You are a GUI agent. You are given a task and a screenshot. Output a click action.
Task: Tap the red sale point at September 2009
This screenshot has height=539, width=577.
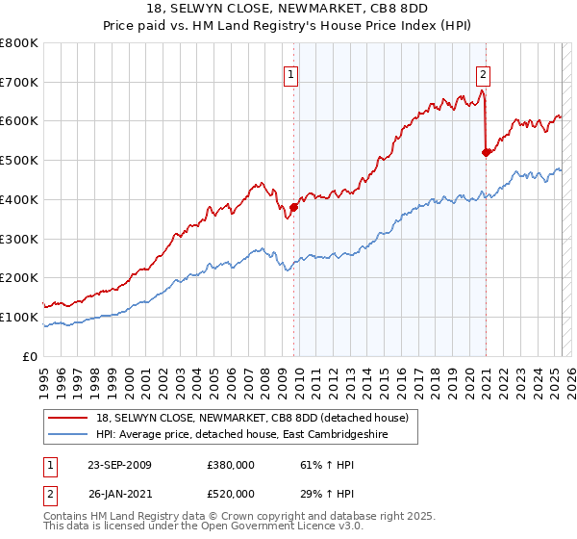pos(293,207)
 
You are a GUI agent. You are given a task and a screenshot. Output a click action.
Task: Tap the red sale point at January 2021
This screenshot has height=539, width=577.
pos(487,152)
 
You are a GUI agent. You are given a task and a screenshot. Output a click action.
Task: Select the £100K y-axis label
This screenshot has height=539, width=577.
pos(21,317)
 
